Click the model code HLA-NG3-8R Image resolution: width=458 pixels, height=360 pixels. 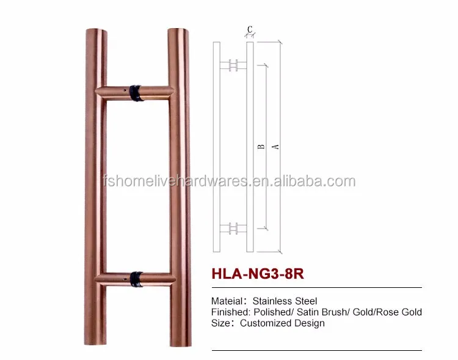pyautogui.click(x=258, y=274)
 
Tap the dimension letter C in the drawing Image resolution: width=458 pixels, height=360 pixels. pyautogui.click(x=250, y=29)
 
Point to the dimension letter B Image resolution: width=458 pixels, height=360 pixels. pyautogui.click(x=261, y=147)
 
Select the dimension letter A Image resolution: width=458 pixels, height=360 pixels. pyautogui.click(x=275, y=147)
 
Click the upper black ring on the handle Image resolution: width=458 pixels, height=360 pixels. pyautogui.click(x=136, y=93)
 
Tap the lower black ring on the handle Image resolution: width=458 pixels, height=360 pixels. pyautogui.click(x=136, y=279)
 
